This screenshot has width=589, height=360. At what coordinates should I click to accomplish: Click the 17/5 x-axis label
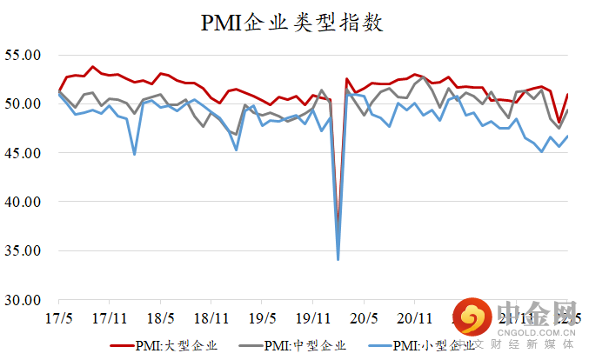(59, 317)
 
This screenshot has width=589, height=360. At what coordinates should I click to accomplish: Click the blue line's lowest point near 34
(338, 259)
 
